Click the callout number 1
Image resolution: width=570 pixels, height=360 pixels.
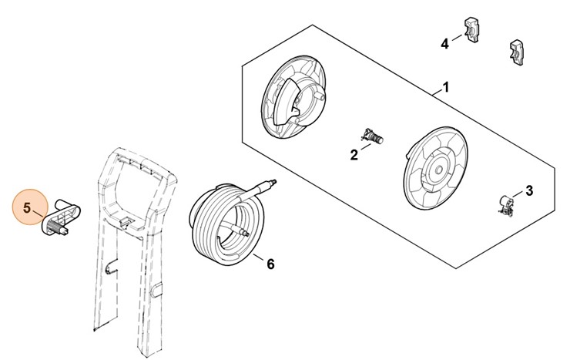coord(446,88)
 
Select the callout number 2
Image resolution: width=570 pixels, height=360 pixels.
coord(354,155)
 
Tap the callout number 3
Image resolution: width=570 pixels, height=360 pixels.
coord(529,190)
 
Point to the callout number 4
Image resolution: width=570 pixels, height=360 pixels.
coord(445,44)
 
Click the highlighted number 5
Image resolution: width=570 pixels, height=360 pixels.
coord(27,208)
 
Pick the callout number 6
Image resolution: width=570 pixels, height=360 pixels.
coord(270,264)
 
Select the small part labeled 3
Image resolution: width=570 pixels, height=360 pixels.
coord(505,206)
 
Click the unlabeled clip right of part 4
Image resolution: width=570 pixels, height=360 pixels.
coord(517,52)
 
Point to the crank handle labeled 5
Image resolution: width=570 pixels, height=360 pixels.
coord(61,217)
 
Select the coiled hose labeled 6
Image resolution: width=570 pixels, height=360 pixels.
coord(228,223)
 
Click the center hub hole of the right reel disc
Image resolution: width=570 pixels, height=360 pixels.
coord(438,170)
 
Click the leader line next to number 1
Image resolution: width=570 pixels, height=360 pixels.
coord(437,92)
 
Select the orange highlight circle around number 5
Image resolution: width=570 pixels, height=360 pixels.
coord(30,207)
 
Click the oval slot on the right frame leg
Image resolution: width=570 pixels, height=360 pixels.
coord(156,290)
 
